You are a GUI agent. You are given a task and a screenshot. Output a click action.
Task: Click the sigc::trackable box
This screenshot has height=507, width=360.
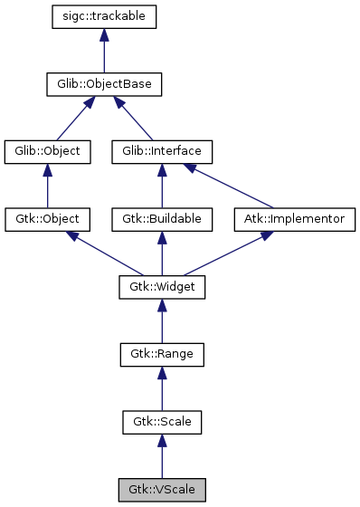click(x=105, y=17)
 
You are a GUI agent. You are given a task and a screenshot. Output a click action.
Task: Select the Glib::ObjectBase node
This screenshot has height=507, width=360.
click(x=105, y=84)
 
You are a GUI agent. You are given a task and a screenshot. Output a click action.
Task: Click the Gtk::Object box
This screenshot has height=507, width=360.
click(x=48, y=219)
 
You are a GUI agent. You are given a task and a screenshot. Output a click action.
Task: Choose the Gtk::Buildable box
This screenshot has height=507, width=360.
click(x=162, y=219)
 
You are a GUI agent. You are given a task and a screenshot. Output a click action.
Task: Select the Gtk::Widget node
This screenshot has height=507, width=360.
click(x=162, y=287)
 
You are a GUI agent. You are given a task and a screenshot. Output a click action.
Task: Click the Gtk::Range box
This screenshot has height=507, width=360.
click(x=162, y=354)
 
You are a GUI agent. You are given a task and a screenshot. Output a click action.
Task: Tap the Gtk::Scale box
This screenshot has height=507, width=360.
click(x=162, y=422)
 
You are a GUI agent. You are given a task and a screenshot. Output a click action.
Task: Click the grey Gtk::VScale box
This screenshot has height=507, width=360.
click(x=162, y=490)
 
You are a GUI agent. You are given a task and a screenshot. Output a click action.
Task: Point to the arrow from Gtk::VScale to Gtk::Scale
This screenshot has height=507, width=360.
click(x=162, y=456)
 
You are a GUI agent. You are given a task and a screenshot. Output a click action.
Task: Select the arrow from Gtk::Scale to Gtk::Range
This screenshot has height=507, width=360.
click(x=162, y=388)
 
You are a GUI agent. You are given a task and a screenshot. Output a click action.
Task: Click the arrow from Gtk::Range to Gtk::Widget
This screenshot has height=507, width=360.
click(x=162, y=320)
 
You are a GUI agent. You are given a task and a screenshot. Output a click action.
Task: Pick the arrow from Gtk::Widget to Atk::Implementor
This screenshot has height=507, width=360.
click(x=223, y=253)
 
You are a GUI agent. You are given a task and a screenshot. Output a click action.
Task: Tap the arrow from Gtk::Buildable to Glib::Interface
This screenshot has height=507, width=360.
click(x=162, y=186)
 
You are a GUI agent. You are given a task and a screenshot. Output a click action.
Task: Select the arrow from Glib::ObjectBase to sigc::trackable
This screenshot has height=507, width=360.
click(x=105, y=51)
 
